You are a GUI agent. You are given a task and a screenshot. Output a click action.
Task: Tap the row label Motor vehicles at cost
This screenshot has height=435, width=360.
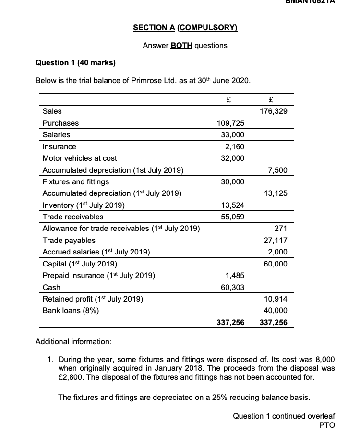tap(80, 158)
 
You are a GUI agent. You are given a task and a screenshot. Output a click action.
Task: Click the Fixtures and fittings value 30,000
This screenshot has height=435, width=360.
tap(233, 181)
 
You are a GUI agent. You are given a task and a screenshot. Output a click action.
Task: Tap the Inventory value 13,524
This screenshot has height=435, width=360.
tap(233, 205)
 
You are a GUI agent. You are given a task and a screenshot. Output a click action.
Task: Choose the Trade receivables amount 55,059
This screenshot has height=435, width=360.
tap(233, 217)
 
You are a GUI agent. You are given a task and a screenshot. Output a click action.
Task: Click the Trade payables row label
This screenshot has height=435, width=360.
tap(69, 240)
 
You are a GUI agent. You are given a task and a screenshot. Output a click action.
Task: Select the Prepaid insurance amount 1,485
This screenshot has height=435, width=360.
tap(234, 276)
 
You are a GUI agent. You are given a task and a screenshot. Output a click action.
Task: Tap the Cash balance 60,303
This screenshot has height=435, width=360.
tap(233, 287)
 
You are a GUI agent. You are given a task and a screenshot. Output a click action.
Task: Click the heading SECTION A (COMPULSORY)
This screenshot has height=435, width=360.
tap(185, 28)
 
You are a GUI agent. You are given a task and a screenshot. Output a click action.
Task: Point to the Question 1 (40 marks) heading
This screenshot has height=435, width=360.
tap(76, 63)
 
